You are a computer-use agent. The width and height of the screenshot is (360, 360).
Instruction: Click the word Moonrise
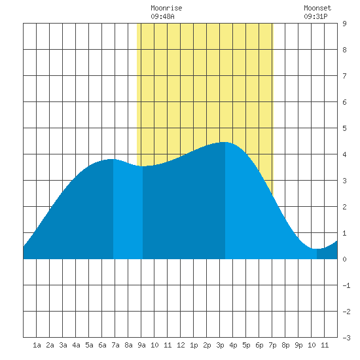(x=166, y=8)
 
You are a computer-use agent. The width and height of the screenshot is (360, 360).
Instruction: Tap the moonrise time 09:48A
(x=162, y=16)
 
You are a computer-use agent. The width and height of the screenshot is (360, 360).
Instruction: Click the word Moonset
(x=317, y=8)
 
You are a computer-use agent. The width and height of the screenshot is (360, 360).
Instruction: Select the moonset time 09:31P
(x=315, y=16)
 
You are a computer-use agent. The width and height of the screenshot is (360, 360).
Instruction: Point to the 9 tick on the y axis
(x=344, y=24)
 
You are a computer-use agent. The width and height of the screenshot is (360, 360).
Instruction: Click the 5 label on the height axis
(x=344, y=128)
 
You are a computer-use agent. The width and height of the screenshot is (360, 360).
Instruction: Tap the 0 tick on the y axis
(x=344, y=259)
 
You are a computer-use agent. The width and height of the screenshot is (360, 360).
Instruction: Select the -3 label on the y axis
(x=346, y=338)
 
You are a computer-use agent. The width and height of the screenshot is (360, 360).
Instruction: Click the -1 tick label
(x=346, y=285)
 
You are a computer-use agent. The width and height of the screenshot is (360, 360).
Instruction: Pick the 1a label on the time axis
(x=37, y=345)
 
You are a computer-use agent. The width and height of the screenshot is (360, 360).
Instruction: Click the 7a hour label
(x=115, y=345)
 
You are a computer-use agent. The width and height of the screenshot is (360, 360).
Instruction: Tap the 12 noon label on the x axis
(x=181, y=345)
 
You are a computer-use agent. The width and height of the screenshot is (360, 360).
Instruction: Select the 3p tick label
(x=220, y=345)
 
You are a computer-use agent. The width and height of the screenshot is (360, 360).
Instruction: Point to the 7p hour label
(x=272, y=345)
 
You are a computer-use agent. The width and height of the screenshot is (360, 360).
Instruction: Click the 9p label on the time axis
(x=298, y=345)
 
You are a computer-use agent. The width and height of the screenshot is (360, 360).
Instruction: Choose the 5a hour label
(x=89, y=345)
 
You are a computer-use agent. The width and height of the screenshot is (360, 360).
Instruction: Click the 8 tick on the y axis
(x=344, y=50)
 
